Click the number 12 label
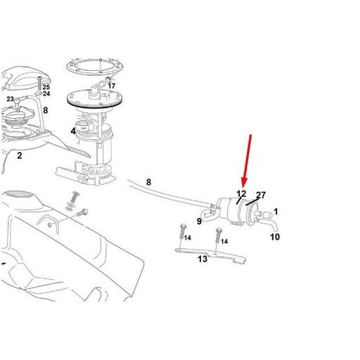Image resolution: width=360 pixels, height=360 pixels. (x=240, y=194)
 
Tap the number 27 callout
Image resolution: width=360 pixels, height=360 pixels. (x=261, y=195)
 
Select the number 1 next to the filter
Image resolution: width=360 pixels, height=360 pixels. (x=276, y=211)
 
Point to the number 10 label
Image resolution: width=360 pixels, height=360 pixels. (x=275, y=237)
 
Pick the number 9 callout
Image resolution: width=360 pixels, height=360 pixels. (x=199, y=222)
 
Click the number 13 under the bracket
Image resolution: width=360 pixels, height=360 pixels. (x=202, y=259)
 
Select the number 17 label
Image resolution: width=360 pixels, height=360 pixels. (x=112, y=86)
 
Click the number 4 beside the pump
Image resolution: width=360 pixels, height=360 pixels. (x=72, y=131)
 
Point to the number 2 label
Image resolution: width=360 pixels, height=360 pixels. (x=20, y=155)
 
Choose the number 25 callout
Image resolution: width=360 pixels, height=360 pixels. (x=46, y=86)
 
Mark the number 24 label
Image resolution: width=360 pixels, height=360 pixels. (x=46, y=94)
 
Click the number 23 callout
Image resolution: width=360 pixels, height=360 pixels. (x=11, y=100)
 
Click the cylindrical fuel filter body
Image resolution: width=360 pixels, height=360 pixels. (x=236, y=209)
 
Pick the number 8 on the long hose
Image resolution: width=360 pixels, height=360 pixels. (x=148, y=183)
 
